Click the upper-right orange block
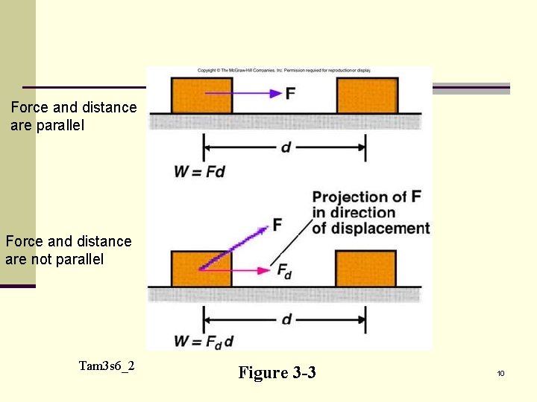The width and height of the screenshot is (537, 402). click(x=367, y=95)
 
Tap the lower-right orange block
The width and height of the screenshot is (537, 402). click(x=365, y=269)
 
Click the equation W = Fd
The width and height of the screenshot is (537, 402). click(x=199, y=172)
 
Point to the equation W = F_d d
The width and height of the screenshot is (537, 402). click(x=204, y=342)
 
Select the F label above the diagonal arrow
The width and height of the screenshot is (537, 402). click(x=277, y=224)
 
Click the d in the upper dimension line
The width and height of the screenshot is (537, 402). click(x=286, y=147)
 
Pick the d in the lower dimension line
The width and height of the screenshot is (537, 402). click(x=286, y=319)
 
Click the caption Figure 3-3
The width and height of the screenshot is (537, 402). click(x=277, y=372)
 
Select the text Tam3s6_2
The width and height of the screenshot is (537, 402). click(x=107, y=366)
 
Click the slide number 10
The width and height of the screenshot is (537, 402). click(x=500, y=373)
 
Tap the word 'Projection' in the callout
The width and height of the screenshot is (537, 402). click(x=350, y=197)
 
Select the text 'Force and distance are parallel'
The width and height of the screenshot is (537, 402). click(x=74, y=116)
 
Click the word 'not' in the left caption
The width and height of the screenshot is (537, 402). click(x=37, y=259)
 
